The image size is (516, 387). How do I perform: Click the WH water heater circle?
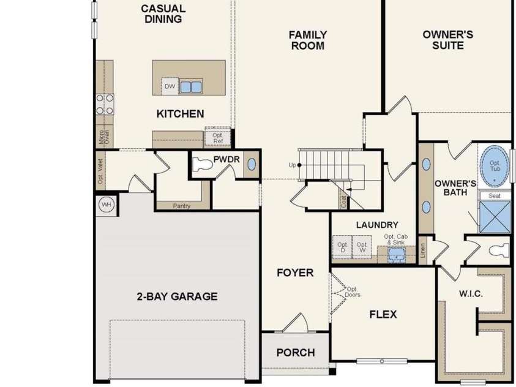point(106,204)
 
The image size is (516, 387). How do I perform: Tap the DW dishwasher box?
point(170,87)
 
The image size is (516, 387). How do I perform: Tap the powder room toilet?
point(203,164)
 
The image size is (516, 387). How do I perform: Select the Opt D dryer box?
point(342,248)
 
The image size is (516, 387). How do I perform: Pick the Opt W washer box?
point(362,248)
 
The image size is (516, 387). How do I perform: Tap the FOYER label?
point(295,272)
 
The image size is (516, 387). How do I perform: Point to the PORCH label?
point(296,352)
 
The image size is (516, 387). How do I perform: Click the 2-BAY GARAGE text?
point(177,296)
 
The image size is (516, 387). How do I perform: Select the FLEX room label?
point(383,314)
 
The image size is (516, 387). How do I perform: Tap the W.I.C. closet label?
point(471,294)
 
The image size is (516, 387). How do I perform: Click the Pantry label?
point(182,206)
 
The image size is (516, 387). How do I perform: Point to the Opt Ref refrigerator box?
point(218,138)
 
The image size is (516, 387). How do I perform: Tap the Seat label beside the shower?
point(494,195)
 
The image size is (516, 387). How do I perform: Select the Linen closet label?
point(422,251)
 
